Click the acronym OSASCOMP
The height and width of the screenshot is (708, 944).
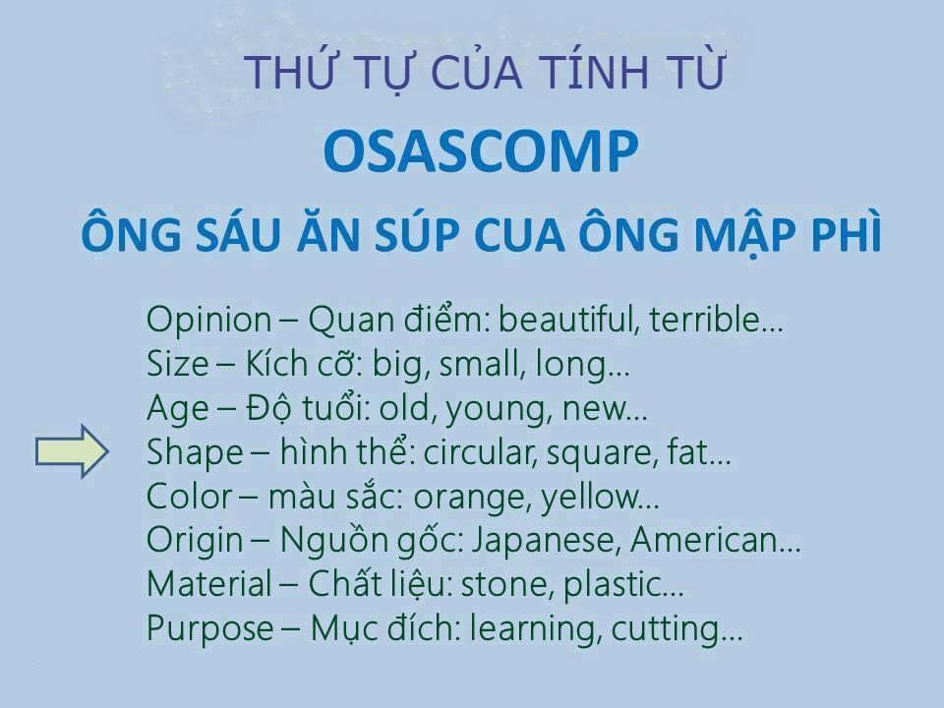[481, 153]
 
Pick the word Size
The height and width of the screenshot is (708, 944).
[177, 365]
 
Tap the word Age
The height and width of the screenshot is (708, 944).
[177, 409]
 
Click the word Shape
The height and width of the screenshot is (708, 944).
[194, 453]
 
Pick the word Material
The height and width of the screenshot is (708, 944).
[207, 585]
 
